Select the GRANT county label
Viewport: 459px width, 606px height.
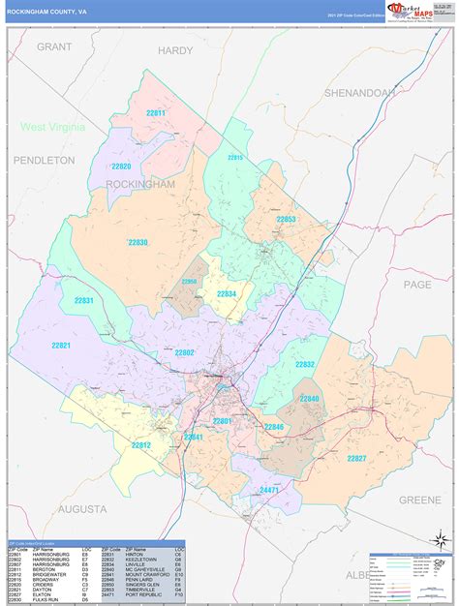55,46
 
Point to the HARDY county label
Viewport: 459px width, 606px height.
175,50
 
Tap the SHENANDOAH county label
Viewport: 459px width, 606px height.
359,93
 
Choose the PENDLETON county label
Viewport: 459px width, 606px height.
43,160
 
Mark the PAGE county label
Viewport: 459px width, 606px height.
416,285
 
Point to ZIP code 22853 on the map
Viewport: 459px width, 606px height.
286,220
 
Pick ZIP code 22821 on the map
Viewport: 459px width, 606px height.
61,346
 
